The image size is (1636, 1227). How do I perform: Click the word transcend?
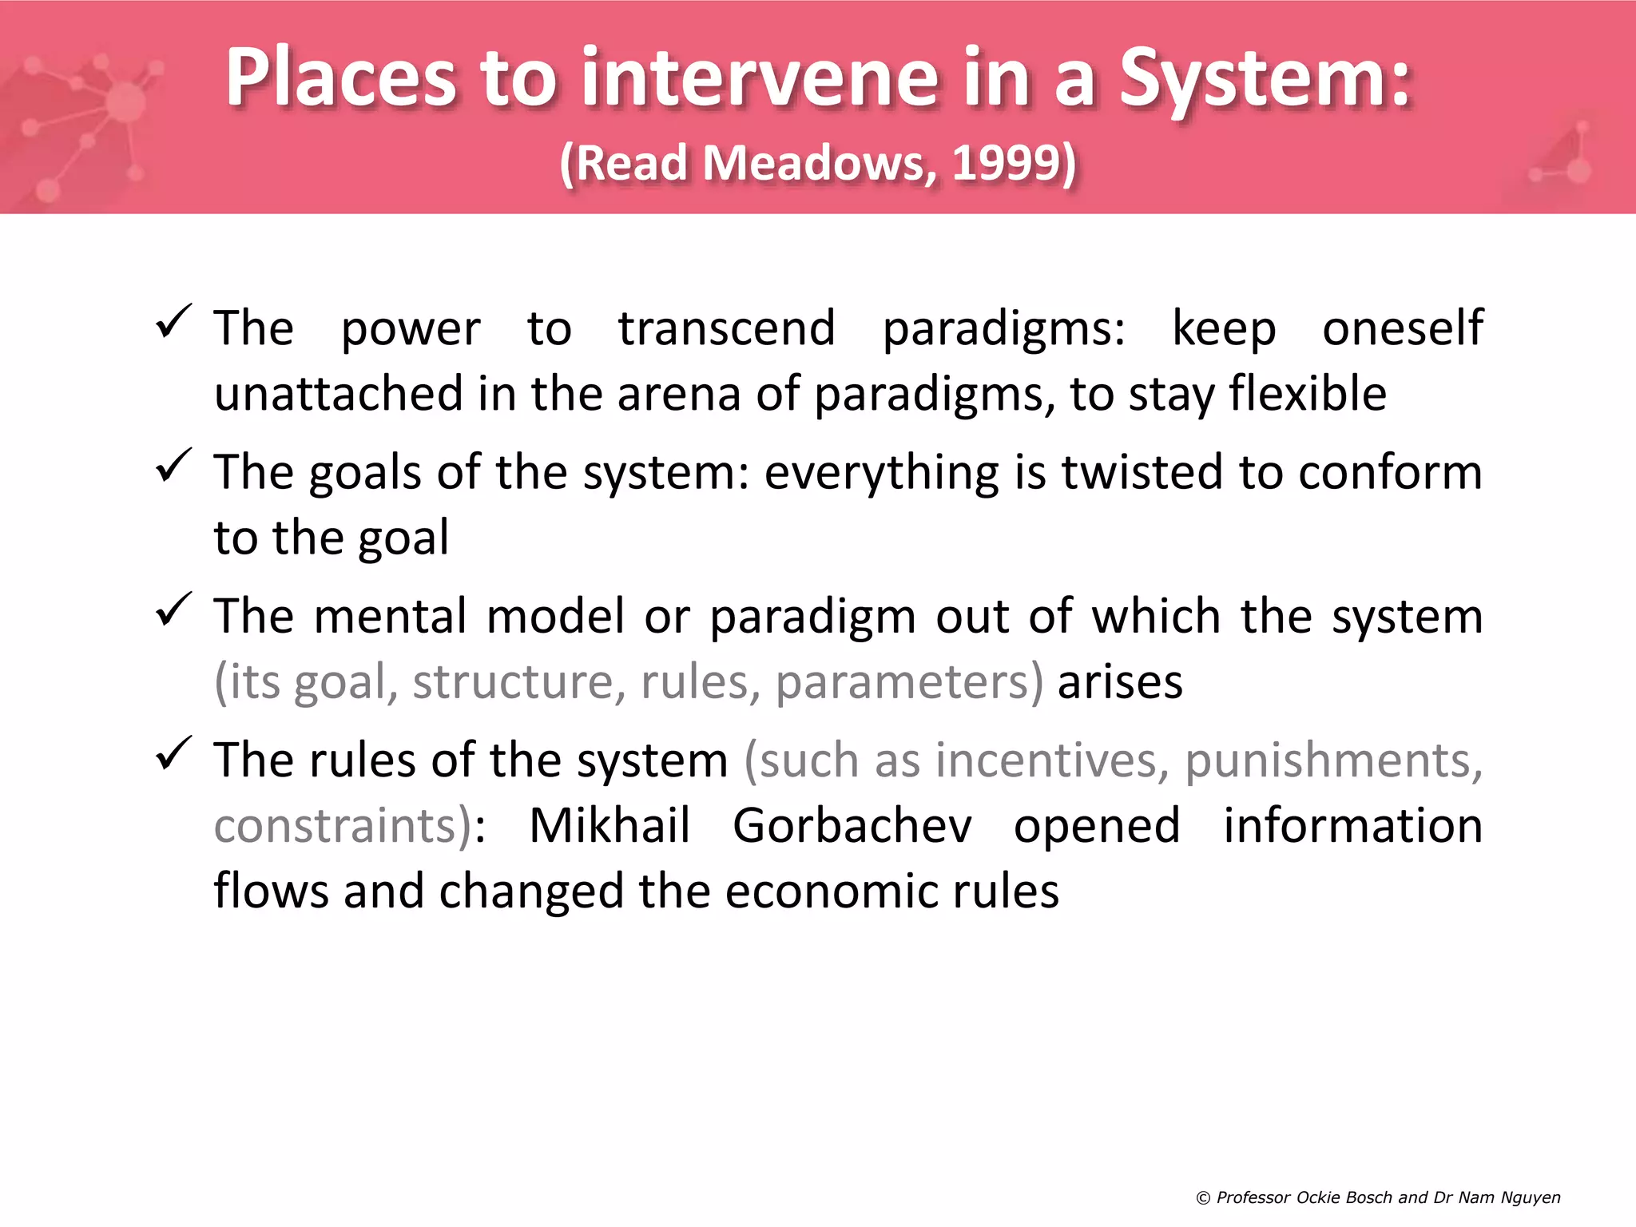click(x=726, y=328)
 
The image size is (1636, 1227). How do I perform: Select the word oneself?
click(x=1402, y=328)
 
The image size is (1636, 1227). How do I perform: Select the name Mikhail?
click(x=610, y=825)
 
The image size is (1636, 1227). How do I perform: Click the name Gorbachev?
click(x=852, y=825)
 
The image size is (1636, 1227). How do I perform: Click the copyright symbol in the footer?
click(x=1203, y=1198)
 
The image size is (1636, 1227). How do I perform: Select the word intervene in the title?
click(x=759, y=78)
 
